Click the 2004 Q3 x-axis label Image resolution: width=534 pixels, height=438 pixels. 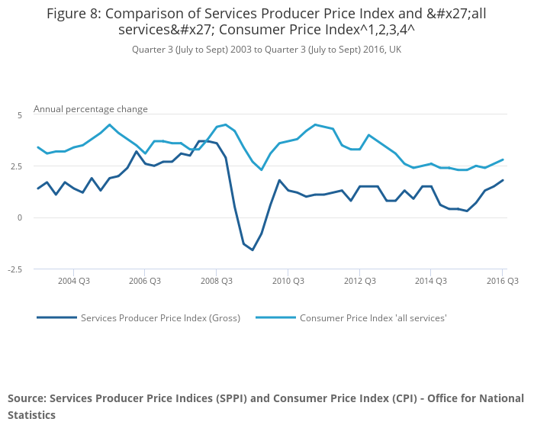(x=73, y=281)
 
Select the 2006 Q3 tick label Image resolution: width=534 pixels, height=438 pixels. (x=144, y=281)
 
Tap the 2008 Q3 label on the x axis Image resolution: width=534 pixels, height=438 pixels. (x=216, y=281)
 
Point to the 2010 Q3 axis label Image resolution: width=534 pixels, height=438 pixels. (x=288, y=281)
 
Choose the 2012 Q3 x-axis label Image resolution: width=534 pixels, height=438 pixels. (x=359, y=281)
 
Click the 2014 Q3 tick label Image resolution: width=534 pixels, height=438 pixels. (x=431, y=281)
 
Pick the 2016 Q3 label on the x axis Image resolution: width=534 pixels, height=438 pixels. (x=503, y=281)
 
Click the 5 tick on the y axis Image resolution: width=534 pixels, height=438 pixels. (x=21, y=114)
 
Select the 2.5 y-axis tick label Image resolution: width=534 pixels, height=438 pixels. (x=18, y=166)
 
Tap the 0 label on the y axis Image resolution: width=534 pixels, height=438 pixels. (x=21, y=217)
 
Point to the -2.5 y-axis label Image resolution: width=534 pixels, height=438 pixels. (x=16, y=269)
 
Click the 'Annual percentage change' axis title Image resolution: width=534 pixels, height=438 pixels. (x=91, y=109)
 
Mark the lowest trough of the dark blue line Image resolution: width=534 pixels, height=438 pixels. (x=253, y=250)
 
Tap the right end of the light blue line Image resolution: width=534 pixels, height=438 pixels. (x=503, y=159)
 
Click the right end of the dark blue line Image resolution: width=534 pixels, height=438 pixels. (x=503, y=180)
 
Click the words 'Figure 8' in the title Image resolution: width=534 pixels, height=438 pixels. (x=75, y=14)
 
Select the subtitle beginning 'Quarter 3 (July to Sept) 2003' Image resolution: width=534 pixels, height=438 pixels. (x=266, y=50)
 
